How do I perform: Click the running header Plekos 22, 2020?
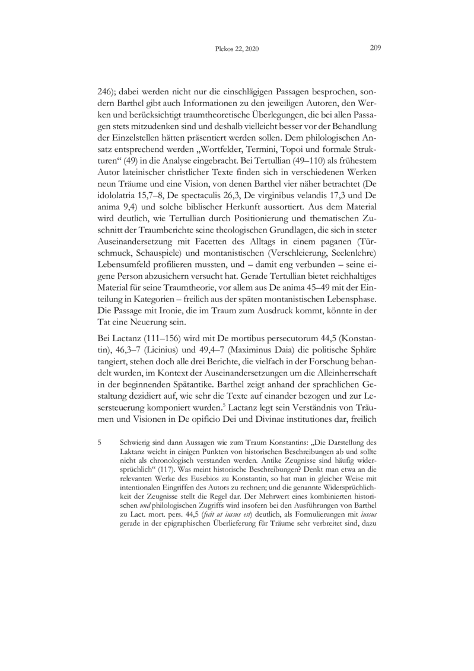[x=237, y=49]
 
